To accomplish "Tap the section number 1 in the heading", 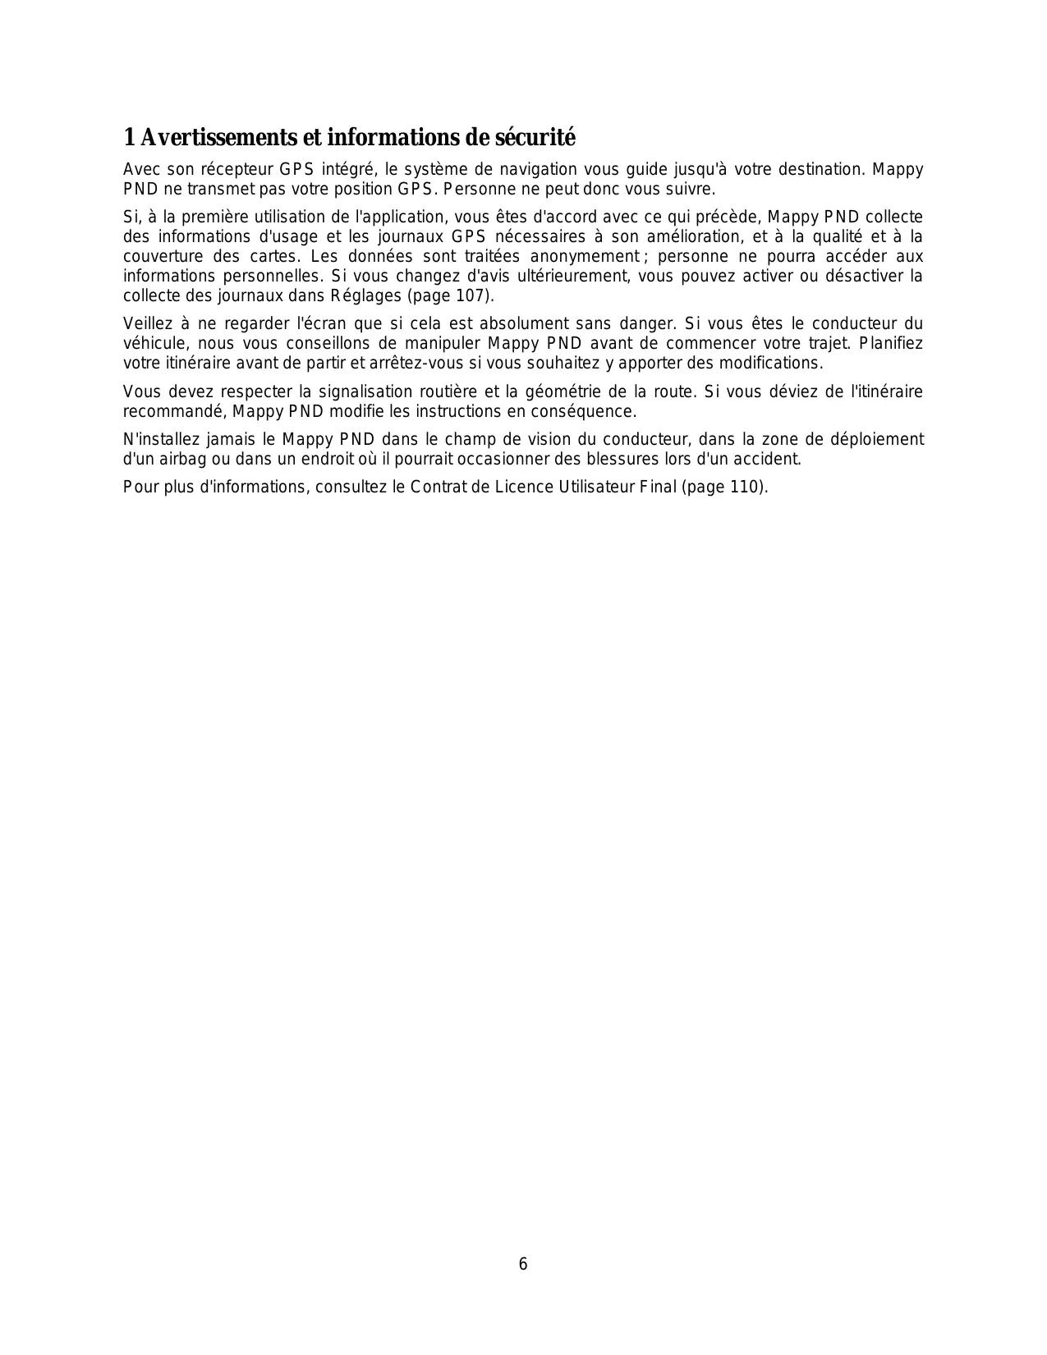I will (x=129, y=137).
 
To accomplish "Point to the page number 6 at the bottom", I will (x=523, y=1264).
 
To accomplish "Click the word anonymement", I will (x=584, y=256).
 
